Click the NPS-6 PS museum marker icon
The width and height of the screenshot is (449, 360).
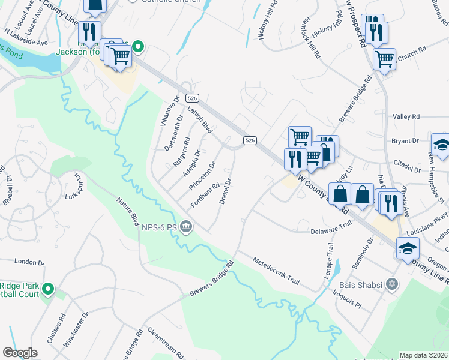click(x=186, y=226)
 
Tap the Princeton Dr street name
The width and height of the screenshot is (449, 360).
click(x=202, y=176)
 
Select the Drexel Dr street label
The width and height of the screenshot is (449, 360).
click(x=226, y=191)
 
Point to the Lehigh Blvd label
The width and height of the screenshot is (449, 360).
click(x=200, y=119)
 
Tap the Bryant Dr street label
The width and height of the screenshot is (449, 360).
click(x=405, y=141)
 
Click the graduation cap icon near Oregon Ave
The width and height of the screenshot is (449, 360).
click(x=408, y=250)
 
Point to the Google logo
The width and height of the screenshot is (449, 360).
click(x=20, y=353)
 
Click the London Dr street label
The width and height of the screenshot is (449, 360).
click(x=25, y=262)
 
